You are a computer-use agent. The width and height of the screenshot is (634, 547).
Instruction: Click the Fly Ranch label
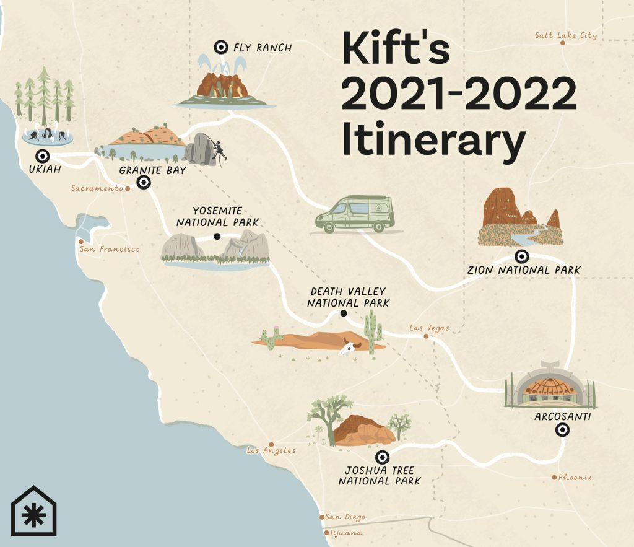pyautogui.click(x=263, y=47)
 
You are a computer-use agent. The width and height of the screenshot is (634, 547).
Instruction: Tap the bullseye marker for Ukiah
pyautogui.click(x=43, y=156)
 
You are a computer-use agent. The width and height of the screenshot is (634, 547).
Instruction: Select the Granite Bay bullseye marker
pyautogui.click(x=144, y=182)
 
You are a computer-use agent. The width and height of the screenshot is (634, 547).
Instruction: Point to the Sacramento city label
pyautogui.click(x=97, y=188)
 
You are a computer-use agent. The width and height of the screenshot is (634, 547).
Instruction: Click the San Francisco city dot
pyautogui.click(x=80, y=242)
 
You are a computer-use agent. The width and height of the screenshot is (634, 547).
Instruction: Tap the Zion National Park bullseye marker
pyautogui.click(x=522, y=256)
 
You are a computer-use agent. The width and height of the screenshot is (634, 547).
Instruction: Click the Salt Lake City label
pyautogui.click(x=566, y=35)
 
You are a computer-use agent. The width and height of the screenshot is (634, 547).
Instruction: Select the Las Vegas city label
pyautogui.click(x=429, y=328)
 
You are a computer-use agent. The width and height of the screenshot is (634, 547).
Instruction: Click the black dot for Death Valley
pyautogui.click(x=343, y=314)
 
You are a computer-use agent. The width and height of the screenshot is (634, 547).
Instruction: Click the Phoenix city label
pyautogui.click(x=575, y=477)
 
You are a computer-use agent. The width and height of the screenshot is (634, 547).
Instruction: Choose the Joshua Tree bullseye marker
pyautogui.click(x=383, y=458)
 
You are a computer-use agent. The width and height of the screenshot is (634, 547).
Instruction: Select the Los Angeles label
pyautogui.click(x=271, y=450)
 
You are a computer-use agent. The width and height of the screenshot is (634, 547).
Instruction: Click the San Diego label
pyautogui.click(x=345, y=517)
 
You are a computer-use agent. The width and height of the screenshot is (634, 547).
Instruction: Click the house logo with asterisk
pyautogui.click(x=33, y=511)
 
